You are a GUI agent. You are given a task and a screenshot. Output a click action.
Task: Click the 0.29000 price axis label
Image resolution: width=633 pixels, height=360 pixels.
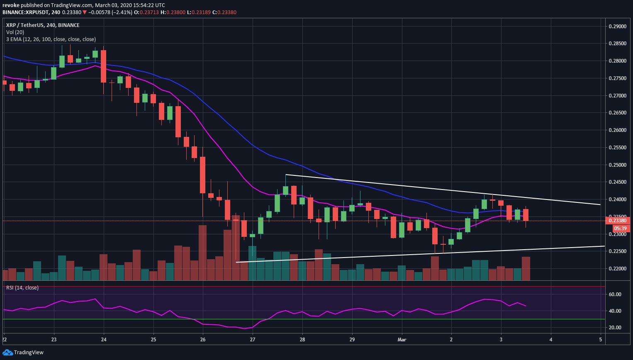[617, 27]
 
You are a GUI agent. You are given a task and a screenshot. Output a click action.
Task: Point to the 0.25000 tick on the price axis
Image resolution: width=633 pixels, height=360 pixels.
[617, 165]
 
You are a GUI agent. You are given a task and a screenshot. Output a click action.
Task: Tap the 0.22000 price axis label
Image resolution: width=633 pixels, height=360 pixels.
[617, 269]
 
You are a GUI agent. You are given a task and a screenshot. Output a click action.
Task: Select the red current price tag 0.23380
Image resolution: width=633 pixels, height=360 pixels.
[617, 221]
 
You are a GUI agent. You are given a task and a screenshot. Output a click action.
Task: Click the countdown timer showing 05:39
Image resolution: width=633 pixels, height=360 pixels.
[620, 228]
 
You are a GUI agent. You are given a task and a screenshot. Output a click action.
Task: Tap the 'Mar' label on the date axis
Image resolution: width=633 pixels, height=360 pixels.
[402, 340]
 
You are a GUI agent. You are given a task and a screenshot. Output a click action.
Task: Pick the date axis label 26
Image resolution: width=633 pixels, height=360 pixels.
[203, 340]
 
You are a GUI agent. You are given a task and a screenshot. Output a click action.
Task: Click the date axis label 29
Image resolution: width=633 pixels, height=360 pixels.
[352, 340]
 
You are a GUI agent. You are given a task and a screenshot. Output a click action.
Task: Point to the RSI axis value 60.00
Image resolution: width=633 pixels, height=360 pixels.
[615, 294]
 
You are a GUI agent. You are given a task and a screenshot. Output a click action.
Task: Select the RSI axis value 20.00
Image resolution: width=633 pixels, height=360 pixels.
[615, 328]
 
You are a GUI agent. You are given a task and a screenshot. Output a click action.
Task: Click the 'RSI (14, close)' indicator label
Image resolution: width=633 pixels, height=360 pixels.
[22, 288]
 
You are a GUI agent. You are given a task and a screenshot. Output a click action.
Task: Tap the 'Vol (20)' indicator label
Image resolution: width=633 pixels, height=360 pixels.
[15, 32]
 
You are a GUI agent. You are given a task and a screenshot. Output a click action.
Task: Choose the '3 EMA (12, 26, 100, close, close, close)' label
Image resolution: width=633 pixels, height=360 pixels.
[51, 39]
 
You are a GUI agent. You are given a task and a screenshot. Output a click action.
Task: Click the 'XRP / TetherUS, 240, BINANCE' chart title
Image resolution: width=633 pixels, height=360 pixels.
[43, 25]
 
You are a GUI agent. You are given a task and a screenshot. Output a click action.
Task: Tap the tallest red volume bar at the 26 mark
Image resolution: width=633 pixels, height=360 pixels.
[202, 253]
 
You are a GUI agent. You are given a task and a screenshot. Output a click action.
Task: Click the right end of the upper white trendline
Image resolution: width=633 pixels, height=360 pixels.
[600, 204]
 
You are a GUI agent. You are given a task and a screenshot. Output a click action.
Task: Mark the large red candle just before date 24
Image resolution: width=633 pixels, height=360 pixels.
[103, 66]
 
